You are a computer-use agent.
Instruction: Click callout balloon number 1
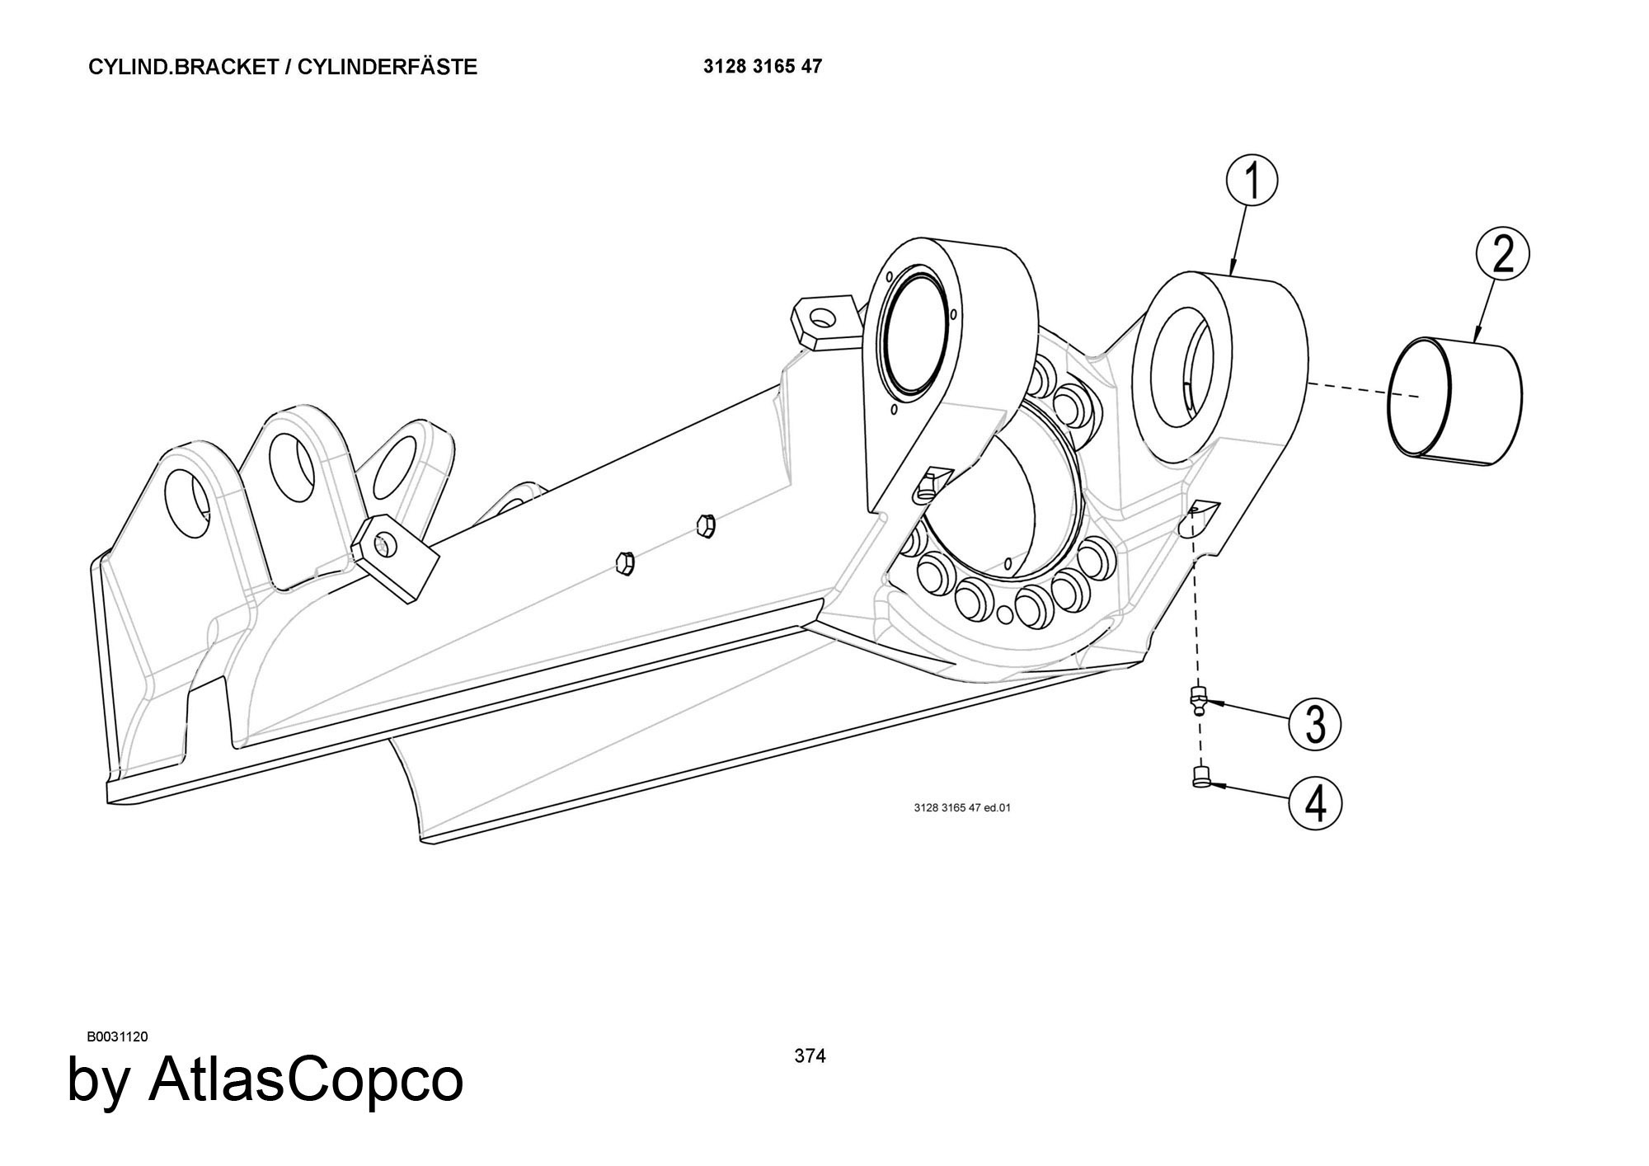pyautogui.click(x=1252, y=183)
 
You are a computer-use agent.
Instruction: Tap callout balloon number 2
pyautogui.click(x=1502, y=256)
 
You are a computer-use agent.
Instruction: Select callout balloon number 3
pyautogui.click(x=1315, y=724)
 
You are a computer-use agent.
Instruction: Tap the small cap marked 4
pyautogui.click(x=1200, y=776)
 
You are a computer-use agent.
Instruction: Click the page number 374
pyautogui.click(x=810, y=1056)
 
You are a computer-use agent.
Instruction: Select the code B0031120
pyautogui.click(x=117, y=1037)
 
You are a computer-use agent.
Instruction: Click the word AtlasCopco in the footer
pyautogui.click(x=305, y=1080)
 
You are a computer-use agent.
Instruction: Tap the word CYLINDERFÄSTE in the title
pyautogui.click(x=387, y=68)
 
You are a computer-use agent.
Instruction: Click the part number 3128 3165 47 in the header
pyautogui.click(x=763, y=67)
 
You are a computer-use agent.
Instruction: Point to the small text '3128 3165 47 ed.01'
pyautogui.click(x=961, y=807)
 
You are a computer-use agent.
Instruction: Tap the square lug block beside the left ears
pyautogui.click(x=394, y=558)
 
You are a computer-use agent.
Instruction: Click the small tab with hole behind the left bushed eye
pyautogui.click(x=822, y=320)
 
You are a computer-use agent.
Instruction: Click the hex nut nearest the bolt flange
pyautogui.click(x=705, y=524)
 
